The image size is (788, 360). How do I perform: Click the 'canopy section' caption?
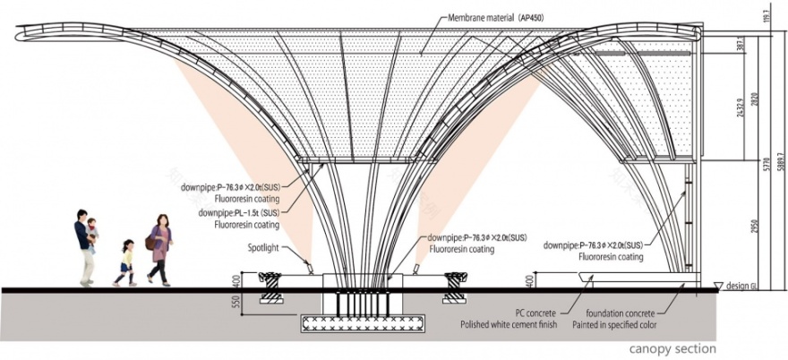(672, 348)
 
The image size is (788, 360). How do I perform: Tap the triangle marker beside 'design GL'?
(717, 286)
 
